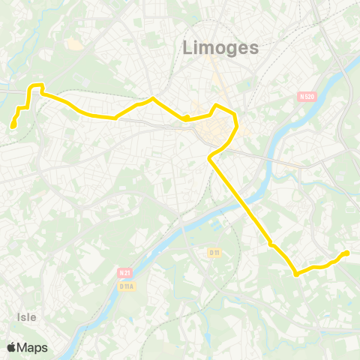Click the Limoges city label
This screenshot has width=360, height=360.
click(x=221, y=47)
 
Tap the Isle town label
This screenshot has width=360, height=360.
click(x=27, y=317)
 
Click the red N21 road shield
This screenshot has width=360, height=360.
click(x=124, y=274)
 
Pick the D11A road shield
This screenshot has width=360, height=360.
click(x=127, y=286)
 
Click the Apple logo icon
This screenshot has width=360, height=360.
click(x=11, y=347)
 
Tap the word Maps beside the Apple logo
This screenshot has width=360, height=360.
click(x=32, y=347)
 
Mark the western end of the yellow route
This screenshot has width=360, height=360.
click(x=13, y=125)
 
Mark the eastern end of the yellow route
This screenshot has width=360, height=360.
click(x=346, y=253)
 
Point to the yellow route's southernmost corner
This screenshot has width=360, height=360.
click(x=297, y=274)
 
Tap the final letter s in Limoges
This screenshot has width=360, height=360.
click(x=254, y=48)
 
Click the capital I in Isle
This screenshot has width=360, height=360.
click(x=18, y=317)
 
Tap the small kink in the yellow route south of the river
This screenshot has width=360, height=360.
click(x=271, y=245)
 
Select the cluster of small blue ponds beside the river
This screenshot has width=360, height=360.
click(x=218, y=223)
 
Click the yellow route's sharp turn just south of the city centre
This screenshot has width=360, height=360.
click(x=209, y=158)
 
